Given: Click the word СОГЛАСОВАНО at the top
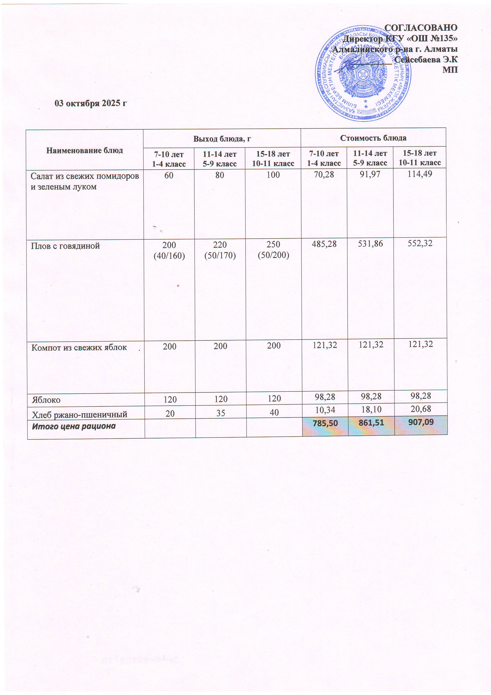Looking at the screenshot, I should coord(421,28).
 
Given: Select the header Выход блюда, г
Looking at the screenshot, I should coord(222,139).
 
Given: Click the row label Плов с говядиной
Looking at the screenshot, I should coord(65,246).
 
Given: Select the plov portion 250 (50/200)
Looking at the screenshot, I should coord(273,250).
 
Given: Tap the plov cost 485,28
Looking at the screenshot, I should coord(324,244).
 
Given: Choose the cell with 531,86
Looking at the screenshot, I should coord(370,244).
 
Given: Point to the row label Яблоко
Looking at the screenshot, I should coord(46,400).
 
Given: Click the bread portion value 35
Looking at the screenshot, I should coord(221,413).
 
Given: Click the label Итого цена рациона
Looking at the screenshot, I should coord(74,426).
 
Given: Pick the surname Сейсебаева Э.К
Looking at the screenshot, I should coord(426,60).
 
